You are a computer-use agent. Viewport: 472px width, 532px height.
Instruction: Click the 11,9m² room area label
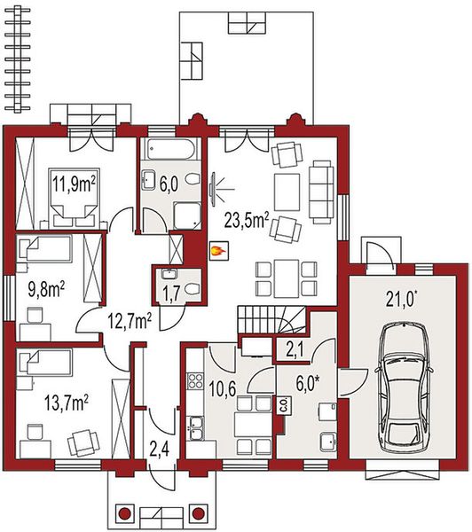(75, 184)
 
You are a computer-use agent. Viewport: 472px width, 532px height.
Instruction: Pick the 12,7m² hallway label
(128, 318)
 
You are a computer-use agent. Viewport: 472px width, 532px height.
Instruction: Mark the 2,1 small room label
(295, 350)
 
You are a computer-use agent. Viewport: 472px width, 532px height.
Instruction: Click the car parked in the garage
(405, 381)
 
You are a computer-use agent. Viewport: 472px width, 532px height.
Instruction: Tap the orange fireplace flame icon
(215, 253)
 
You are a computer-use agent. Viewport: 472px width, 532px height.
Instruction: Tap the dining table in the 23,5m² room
(286, 277)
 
